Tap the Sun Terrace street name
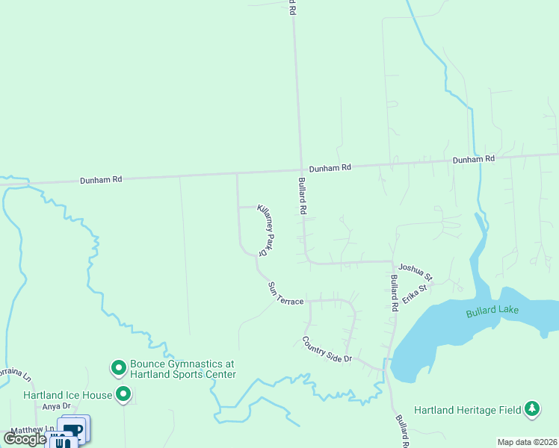(285, 292)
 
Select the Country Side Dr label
(327, 349)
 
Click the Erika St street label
(416, 292)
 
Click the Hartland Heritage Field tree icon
(531, 408)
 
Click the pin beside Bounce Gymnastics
(118, 367)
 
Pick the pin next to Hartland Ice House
(123, 394)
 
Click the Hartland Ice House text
(67, 395)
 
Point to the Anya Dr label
(56, 406)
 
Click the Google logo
(24, 439)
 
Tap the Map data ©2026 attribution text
(528, 442)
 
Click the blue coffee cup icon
(73, 429)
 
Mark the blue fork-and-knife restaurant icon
(61, 441)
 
